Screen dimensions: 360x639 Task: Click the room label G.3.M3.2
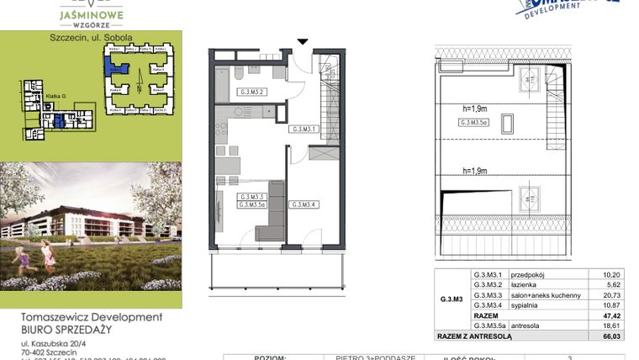pos(252,92)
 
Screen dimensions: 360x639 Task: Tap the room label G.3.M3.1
pos(303,130)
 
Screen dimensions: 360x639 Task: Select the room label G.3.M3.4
pos(303,204)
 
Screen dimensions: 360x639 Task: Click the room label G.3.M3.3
pos(251,197)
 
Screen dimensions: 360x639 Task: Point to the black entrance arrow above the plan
pos(303,40)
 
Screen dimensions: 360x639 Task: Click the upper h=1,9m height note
pos(477,107)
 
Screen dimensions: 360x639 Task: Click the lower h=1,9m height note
pos(477,171)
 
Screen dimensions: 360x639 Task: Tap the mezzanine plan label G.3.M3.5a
pos(477,123)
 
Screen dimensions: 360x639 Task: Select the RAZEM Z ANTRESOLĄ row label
pos(474,336)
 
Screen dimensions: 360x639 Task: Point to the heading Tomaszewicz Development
pos(90,317)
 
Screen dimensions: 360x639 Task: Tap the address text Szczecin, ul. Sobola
pos(91,38)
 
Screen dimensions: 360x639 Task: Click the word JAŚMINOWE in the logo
pos(92,14)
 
